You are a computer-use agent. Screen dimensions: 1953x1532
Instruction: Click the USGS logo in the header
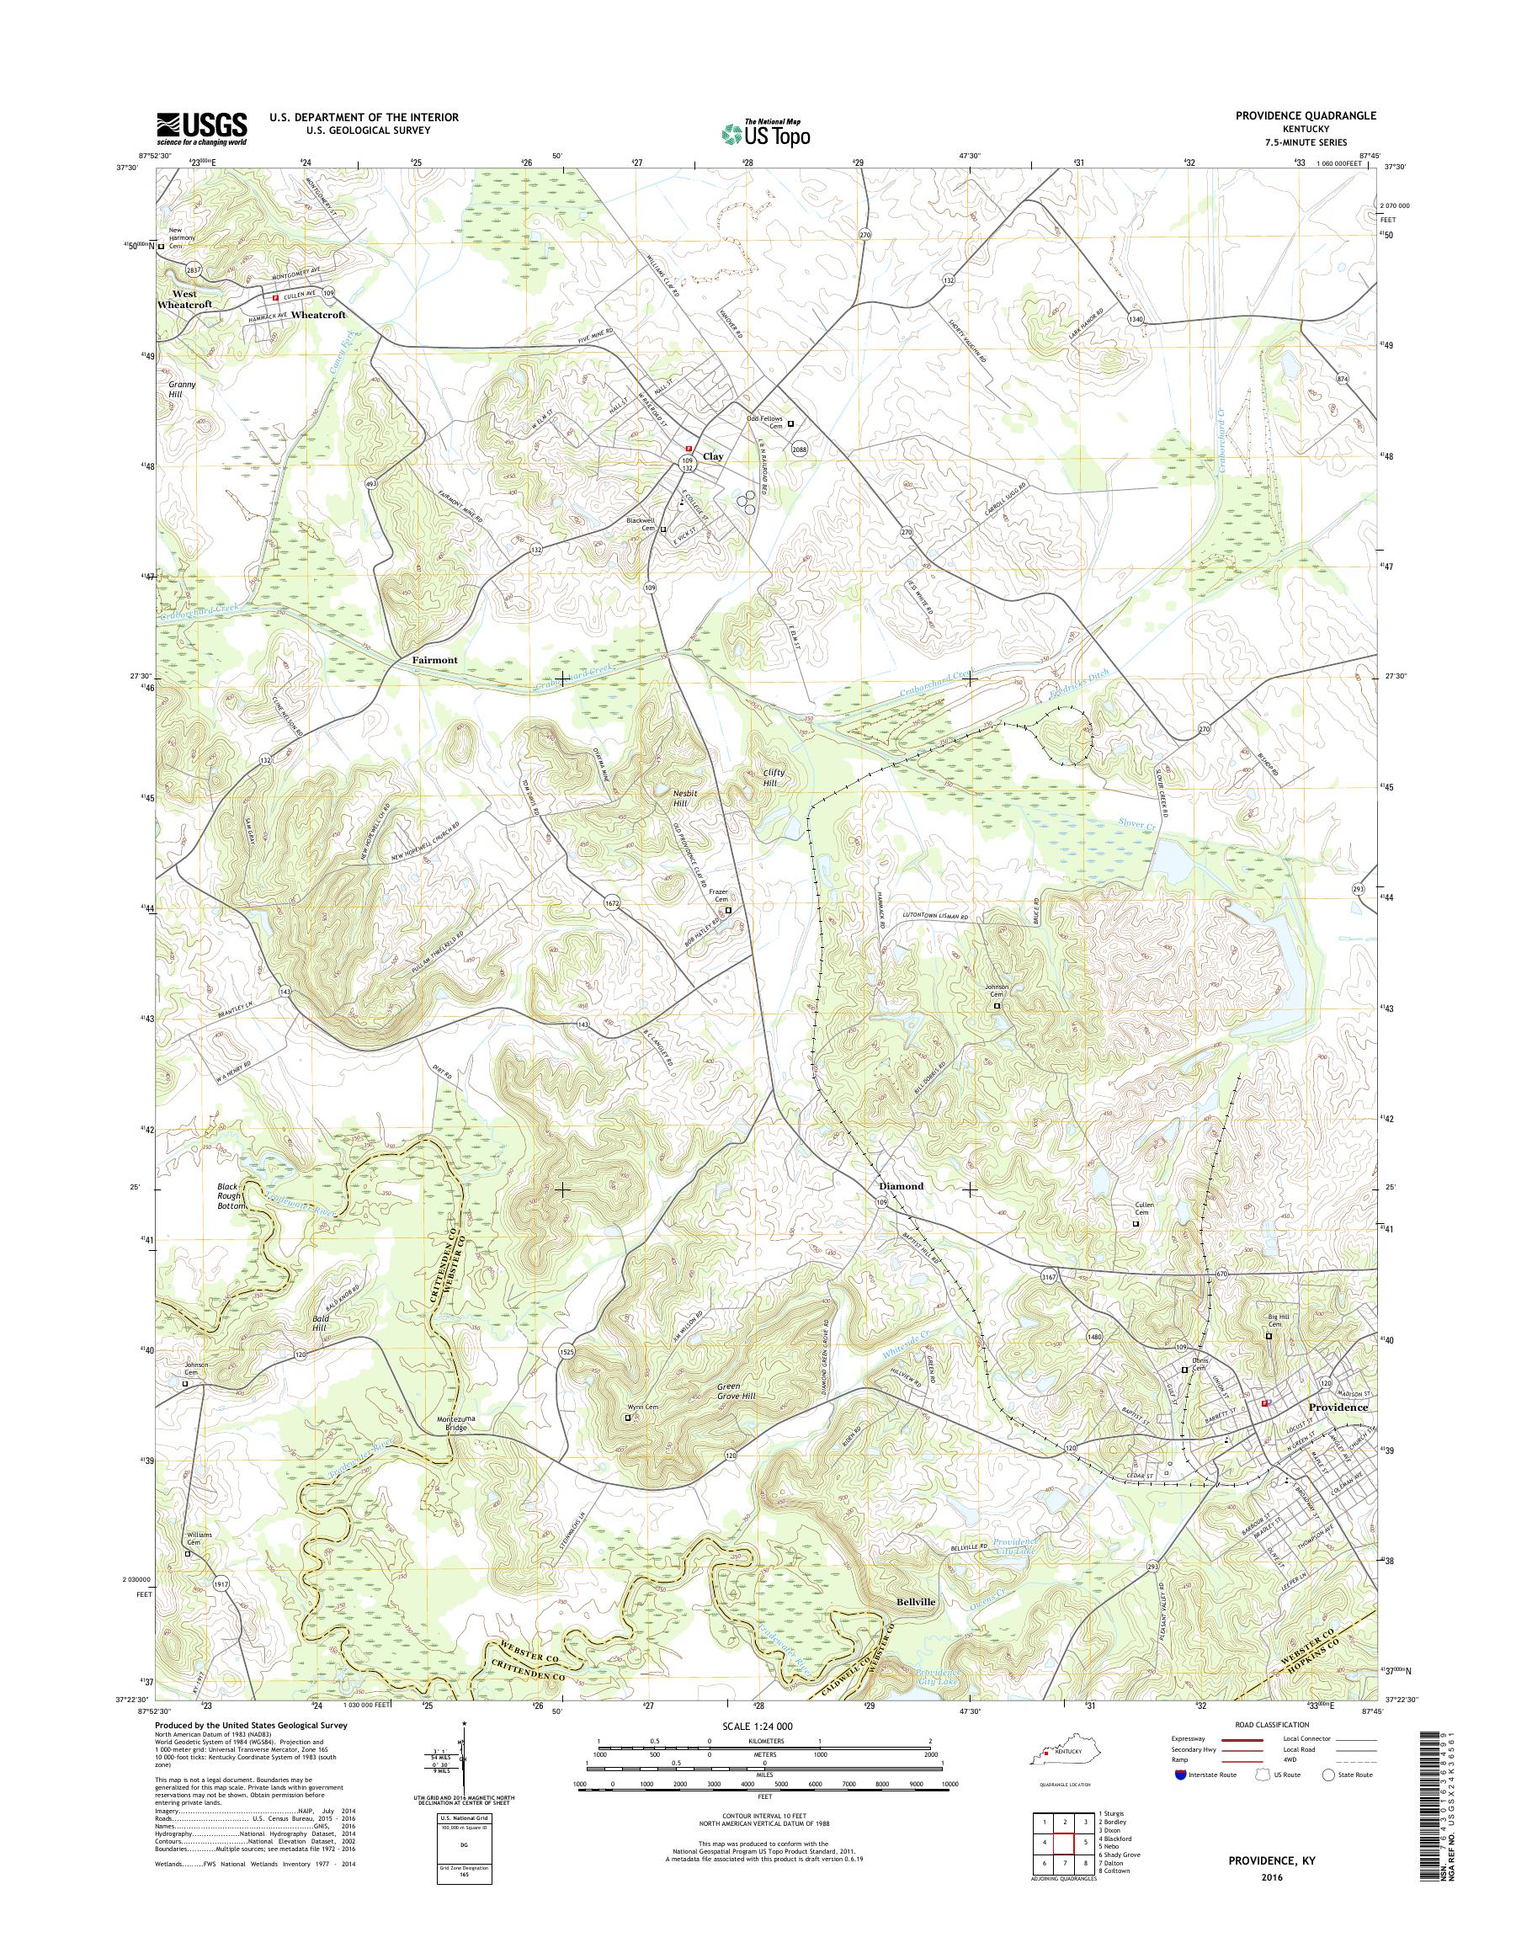[x=202, y=128]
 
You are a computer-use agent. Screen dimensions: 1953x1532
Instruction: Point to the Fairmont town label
[x=434, y=659]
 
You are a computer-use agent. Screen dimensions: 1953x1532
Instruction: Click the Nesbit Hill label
[x=686, y=798]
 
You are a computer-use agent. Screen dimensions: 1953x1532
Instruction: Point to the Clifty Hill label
[x=763, y=777]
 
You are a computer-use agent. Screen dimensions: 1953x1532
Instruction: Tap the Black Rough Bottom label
[x=231, y=1196]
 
